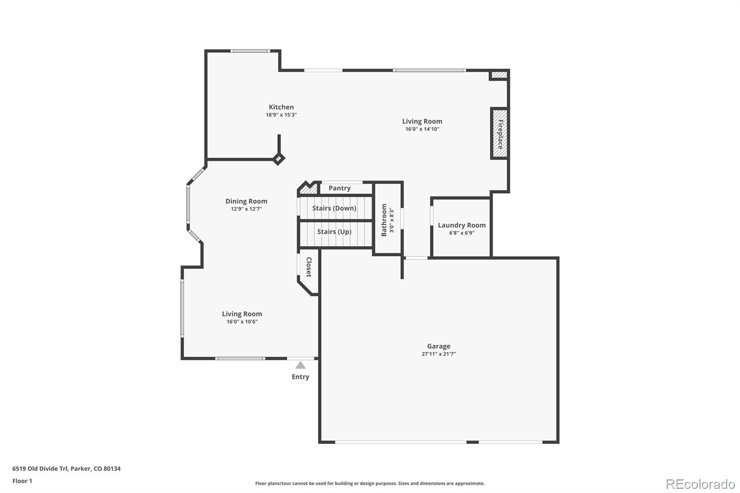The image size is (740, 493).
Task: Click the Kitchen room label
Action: pyautogui.click(x=281, y=107)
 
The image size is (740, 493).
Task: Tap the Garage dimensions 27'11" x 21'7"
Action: pyautogui.click(x=439, y=354)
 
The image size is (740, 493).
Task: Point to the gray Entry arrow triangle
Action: pyautogui.click(x=300, y=365)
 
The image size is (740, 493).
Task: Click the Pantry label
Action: pyautogui.click(x=339, y=188)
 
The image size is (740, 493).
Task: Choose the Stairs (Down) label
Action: pyautogui.click(x=334, y=208)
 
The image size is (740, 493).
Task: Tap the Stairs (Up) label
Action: pyautogui.click(x=334, y=232)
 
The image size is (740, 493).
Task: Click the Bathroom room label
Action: pyautogui.click(x=384, y=220)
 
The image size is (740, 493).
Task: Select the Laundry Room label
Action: pyautogui.click(x=462, y=225)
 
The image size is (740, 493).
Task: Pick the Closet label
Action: pyautogui.click(x=309, y=267)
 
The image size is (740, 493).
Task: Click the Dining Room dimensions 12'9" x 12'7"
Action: pyautogui.click(x=247, y=209)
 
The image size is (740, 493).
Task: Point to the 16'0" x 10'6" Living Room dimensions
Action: pyautogui.click(x=242, y=321)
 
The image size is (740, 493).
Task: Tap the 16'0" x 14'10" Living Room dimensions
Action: pyautogui.click(x=422, y=129)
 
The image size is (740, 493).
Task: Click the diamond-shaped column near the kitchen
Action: pyautogui.click(x=278, y=159)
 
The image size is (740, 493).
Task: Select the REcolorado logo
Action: pyautogui.click(x=700, y=484)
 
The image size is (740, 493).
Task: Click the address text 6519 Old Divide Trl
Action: pyautogui.click(x=40, y=468)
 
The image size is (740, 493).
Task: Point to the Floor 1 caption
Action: pyautogui.click(x=23, y=481)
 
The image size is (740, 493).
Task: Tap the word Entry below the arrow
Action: pyautogui.click(x=300, y=377)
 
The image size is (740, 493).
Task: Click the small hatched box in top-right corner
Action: pyautogui.click(x=499, y=74)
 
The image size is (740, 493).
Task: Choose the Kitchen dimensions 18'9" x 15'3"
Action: pyautogui.click(x=282, y=115)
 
